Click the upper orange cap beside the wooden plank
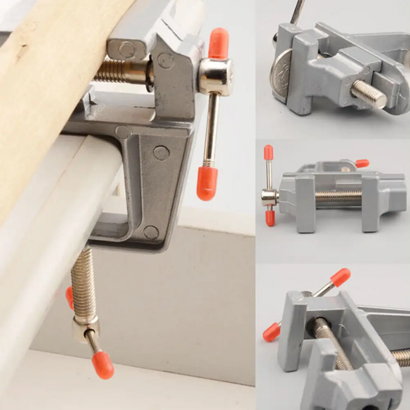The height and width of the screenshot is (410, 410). [x=218, y=43]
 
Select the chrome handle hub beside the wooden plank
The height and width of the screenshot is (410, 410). [x=216, y=76]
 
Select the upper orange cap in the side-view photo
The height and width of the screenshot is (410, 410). [x=268, y=152]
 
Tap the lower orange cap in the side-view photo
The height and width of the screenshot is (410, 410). [x=270, y=218]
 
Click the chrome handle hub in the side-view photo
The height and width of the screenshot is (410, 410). [x=270, y=198]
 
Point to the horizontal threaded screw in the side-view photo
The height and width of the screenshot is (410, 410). [x=338, y=198]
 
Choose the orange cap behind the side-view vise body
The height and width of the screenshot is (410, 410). [x=362, y=163]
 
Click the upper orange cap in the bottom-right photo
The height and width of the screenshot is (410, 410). [x=340, y=277]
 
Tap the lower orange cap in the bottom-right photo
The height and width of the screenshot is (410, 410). [x=271, y=332]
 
